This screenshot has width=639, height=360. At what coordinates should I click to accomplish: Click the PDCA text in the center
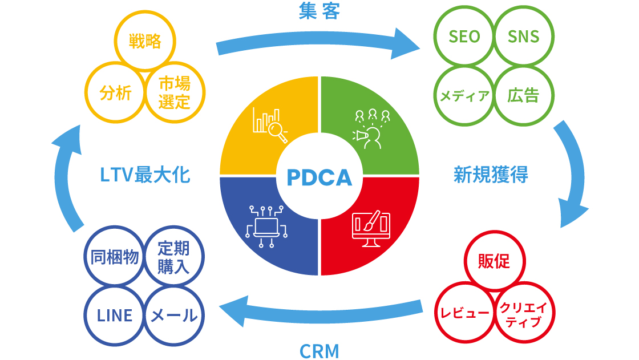coord(319,177)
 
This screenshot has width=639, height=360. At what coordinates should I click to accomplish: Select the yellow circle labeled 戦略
coord(145,42)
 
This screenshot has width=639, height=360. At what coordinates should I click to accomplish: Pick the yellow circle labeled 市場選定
coord(174,93)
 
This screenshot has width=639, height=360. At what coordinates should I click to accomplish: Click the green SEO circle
coord(464,37)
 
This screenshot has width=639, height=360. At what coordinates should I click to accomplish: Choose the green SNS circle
coord(523,37)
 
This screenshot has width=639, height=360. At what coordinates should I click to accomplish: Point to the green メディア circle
coord(464,95)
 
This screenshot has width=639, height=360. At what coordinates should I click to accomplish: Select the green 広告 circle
coord(523,95)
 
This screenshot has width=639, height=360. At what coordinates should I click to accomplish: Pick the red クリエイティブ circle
coord(523,314)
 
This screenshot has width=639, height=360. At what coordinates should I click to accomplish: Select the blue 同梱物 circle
coord(115,258)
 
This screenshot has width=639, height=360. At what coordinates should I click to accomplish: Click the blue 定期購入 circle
coord(173,258)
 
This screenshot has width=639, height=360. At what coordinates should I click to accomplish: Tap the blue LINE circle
coord(115,315)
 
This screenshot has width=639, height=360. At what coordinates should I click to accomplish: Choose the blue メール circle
coord(173,315)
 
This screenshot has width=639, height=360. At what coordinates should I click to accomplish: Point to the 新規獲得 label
coord(491,175)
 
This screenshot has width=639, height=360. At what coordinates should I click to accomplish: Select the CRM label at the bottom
coord(319,350)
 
